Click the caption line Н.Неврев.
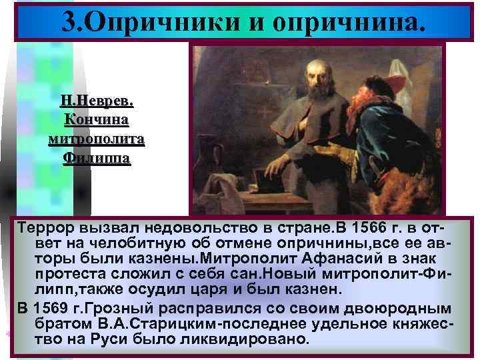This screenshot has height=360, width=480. (97, 102)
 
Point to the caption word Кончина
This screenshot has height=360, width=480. (97, 121)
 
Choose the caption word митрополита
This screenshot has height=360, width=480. (97, 139)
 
